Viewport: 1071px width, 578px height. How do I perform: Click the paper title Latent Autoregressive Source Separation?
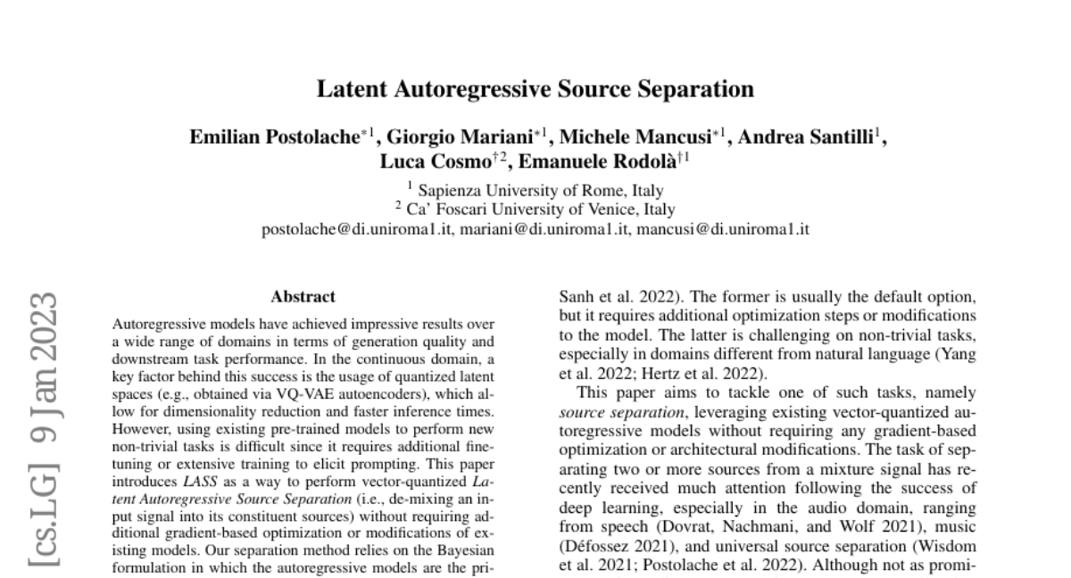coord(535,89)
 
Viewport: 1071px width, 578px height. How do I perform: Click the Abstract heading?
coord(303,297)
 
